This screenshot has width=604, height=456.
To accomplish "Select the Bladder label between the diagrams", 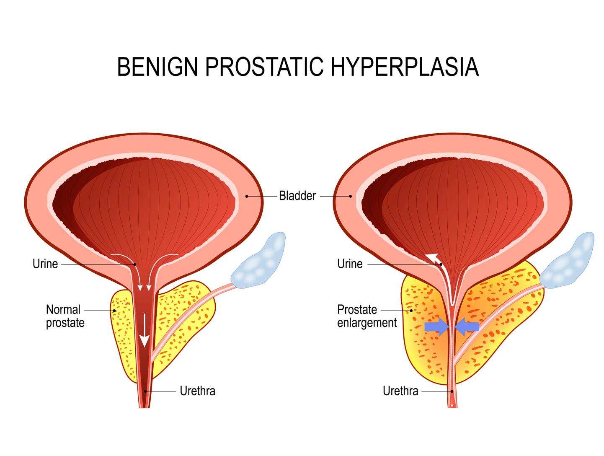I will (x=297, y=196).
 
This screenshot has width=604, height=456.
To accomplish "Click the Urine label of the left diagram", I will (x=45, y=264).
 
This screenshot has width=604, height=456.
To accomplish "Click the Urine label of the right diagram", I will (x=350, y=264).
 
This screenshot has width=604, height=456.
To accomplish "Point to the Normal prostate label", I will (x=65, y=316).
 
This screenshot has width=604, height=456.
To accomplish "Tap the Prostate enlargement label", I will (x=367, y=316).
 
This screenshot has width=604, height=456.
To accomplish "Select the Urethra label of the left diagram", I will (x=197, y=391).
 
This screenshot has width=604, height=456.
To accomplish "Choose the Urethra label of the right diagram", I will (x=400, y=391).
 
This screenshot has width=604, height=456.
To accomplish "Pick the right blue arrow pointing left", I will (x=467, y=326).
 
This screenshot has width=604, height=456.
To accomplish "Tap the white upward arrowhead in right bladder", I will (x=432, y=257).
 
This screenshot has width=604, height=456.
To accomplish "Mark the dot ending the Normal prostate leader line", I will (x=114, y=311).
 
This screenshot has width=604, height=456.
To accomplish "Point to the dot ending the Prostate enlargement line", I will (x=411, y=311).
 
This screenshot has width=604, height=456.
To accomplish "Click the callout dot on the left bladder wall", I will (x=247, y=196).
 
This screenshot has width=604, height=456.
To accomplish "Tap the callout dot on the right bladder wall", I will (x=351, y=196).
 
